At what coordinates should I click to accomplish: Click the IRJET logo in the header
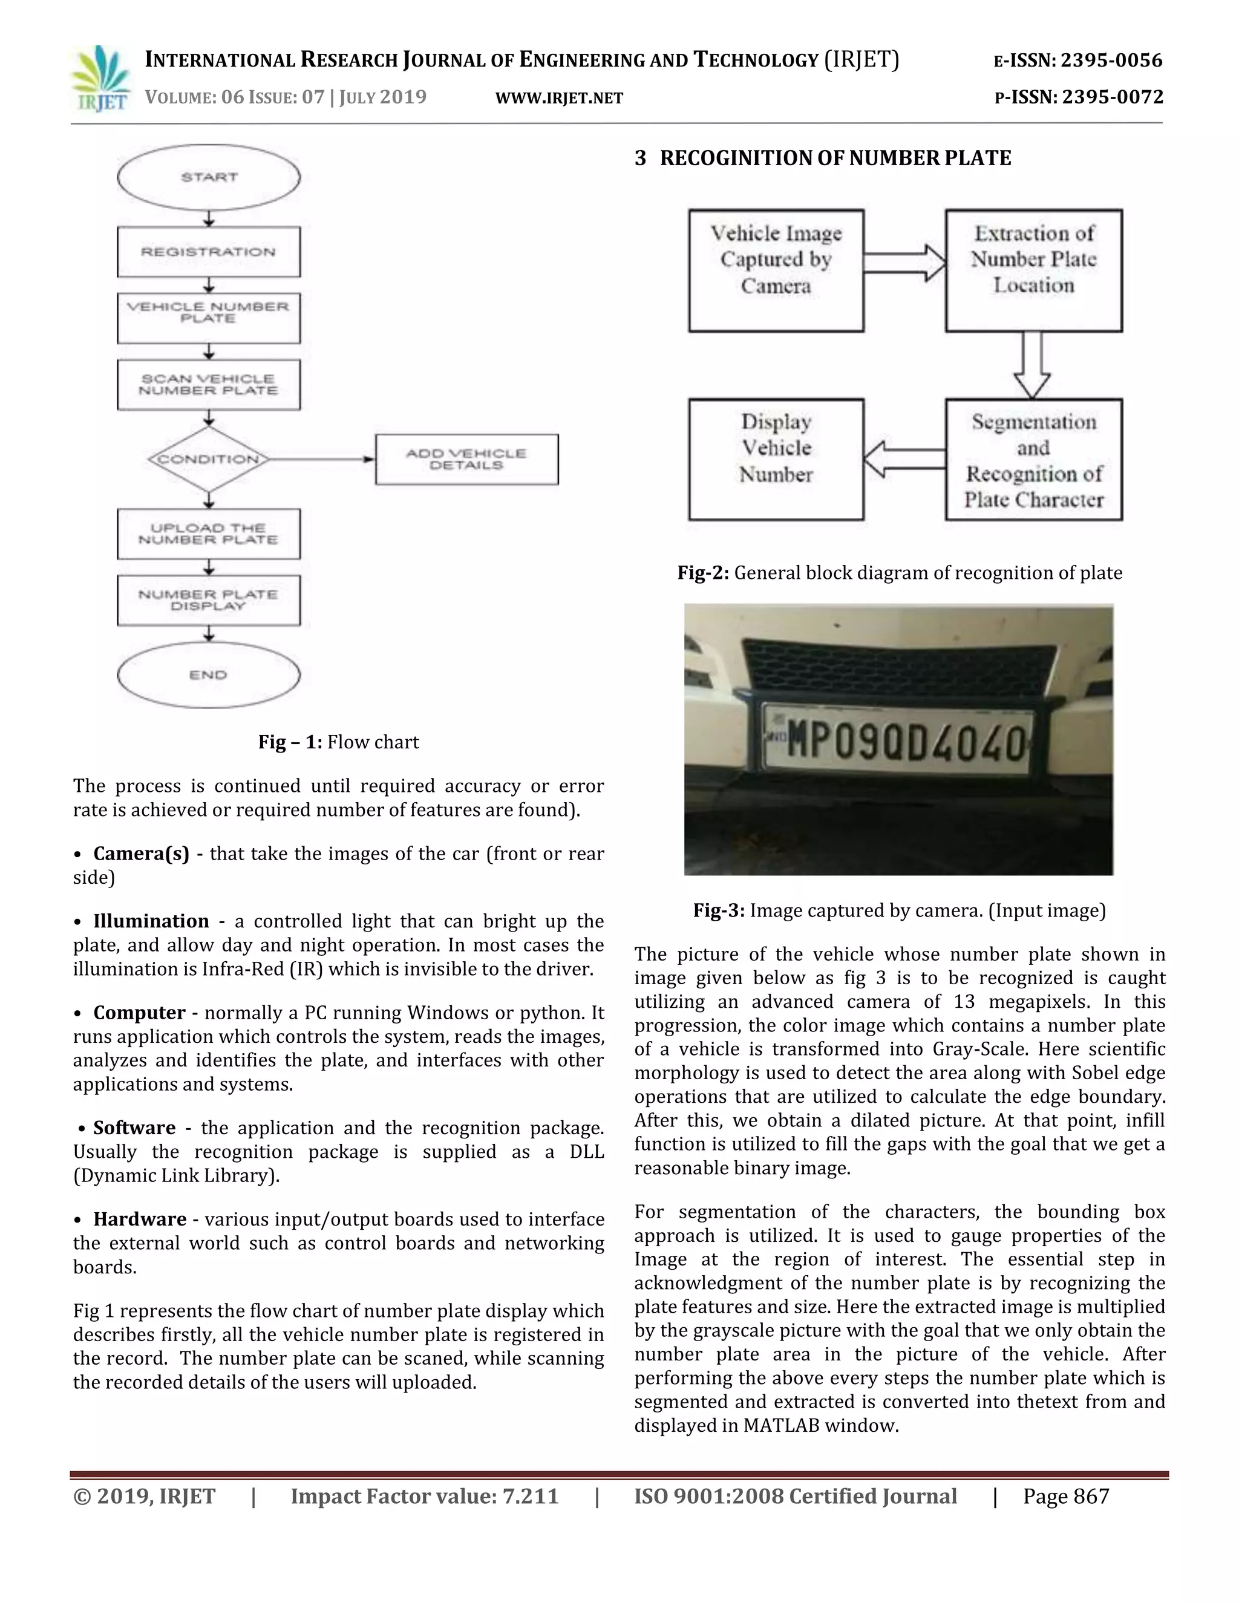[x=100, y=79]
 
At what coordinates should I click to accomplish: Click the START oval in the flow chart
[x=209, y=177]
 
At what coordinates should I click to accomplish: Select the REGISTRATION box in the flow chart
[x=209, y=252]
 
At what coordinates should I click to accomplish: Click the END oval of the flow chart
[x=209, y=674]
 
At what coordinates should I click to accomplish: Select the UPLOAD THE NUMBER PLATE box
[x=209, y=534]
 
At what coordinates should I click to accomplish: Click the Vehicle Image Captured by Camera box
[x=776, y=270]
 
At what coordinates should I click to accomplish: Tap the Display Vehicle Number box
[x=776, y=460]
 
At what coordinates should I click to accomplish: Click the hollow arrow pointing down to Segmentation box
[x=1032, y=365]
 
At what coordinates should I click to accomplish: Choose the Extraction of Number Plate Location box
[x=1033, y=270]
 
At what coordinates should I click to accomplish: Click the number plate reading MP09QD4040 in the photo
[x=899, y=743]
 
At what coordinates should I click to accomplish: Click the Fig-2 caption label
[x=702, y=573]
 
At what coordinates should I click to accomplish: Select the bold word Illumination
[x=151, y=921]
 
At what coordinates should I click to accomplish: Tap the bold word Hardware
[x=140, y=1219]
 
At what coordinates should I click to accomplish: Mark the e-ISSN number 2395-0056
[x=1111, y=60]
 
